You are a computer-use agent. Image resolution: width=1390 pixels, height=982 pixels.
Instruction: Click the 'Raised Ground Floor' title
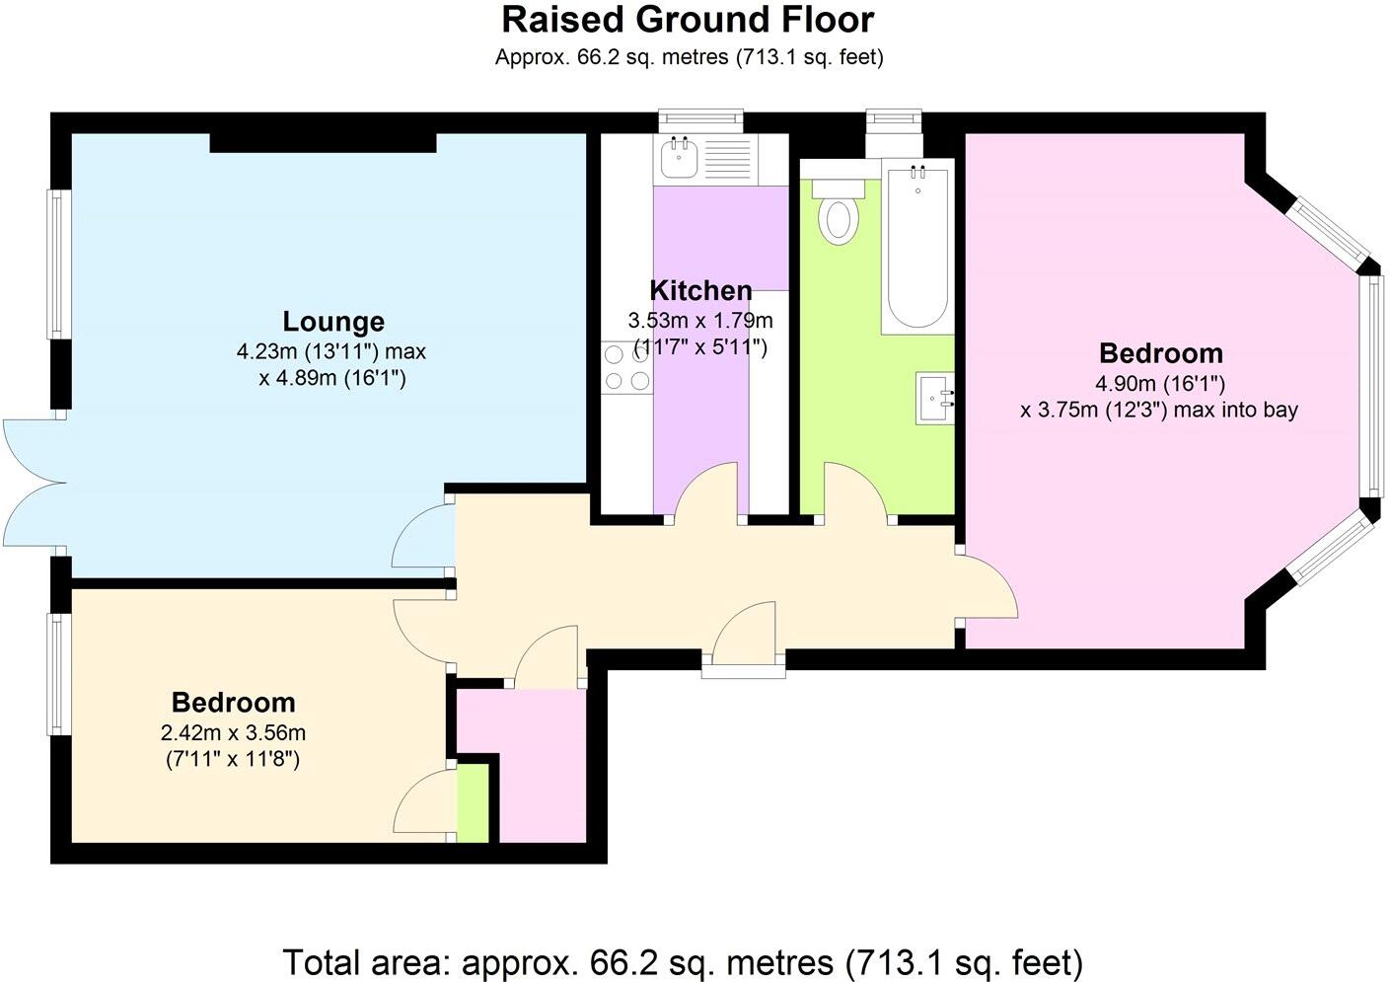pyautogui.click(x=688, y=20)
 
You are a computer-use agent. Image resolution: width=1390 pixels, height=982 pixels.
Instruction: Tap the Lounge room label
pyautogui.click(x=333, y=322)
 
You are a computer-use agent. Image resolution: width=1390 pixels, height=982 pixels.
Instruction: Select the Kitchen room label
pyautogui.click(x=700, y=291)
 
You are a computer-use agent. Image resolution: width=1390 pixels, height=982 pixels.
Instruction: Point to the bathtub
pyautogui.click(x=917, y=247)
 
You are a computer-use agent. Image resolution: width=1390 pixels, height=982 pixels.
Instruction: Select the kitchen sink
pyautogui.click(x=679, y=158)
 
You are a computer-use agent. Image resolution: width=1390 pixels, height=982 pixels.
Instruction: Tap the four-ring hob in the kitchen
pyautogui.click(x=626, y=368)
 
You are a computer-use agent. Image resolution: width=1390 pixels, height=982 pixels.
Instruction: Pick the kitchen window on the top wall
pyautogui.click(x=700, y=120)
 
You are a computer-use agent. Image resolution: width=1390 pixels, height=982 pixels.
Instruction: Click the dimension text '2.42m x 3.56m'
pyautogui.click(x=233, y=733)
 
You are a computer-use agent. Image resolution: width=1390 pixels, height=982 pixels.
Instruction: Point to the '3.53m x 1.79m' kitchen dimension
pyautogui.click(x=700, y=321)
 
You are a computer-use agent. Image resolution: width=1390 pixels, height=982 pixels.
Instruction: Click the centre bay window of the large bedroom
pyautogui.click(x=1370, y=385)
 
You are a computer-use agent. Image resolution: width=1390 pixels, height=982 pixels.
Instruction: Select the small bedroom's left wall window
pyautogui.click(x=59, y=674)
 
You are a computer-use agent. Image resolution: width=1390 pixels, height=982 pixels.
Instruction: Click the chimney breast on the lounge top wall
pyautogui.click(x=323, y=143)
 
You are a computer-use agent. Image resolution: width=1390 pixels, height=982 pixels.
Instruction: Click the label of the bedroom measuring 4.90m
pyautogui.click(x=1160, y=353)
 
